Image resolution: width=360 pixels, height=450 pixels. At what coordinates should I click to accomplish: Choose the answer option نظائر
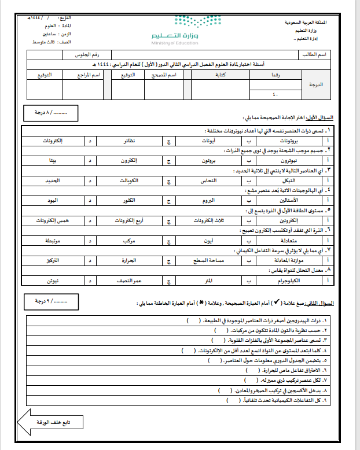click(x=130, y=141)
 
